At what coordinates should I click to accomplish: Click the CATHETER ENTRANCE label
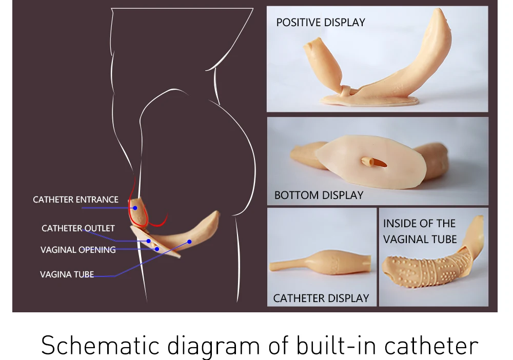75,199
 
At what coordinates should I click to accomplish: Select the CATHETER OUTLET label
78,228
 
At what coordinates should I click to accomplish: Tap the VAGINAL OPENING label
78,250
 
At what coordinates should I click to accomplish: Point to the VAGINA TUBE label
67,274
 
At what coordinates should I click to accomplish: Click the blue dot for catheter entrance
134,208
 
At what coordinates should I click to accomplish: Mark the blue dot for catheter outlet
148,241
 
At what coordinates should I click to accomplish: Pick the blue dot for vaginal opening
157,249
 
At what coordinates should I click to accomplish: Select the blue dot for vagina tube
189,241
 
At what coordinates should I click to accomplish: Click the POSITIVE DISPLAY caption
321,23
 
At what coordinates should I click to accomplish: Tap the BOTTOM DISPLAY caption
319,195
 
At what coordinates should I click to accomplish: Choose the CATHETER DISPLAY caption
321,298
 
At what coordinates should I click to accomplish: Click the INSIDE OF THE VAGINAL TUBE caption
420,231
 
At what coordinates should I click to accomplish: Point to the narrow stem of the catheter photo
287,265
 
